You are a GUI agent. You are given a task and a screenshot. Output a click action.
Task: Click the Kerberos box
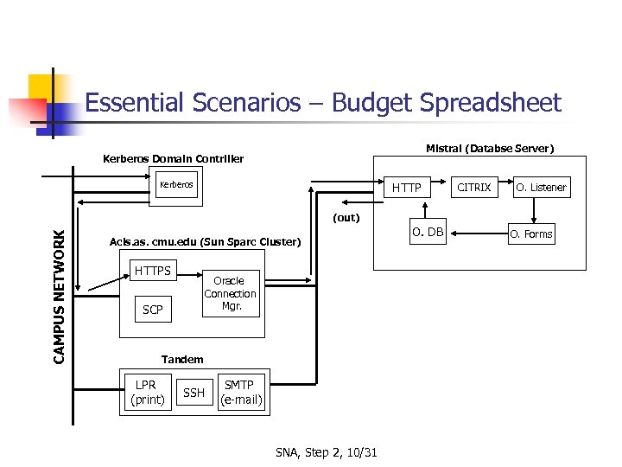point(176,185)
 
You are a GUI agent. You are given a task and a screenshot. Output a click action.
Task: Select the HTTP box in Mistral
point(406,188)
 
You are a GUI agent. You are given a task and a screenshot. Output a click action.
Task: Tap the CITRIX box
point(473,187)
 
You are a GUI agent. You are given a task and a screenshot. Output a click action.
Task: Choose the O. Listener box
point(541,188)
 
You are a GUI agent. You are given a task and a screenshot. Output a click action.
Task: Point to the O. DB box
point(428,233)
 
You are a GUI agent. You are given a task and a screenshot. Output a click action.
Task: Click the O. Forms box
point(530,233)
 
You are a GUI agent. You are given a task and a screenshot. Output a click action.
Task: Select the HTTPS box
point(153,272)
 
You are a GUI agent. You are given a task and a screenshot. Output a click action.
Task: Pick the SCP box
point(152,310)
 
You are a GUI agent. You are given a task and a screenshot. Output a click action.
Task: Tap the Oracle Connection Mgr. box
point(230,294)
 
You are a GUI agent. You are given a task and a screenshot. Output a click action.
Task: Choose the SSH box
point(194,393)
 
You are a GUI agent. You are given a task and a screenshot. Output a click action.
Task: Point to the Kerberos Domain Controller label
point(173,159)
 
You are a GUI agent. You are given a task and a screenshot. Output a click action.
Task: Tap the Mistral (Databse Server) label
point(490,149)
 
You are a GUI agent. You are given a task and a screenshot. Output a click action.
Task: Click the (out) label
point(346,218)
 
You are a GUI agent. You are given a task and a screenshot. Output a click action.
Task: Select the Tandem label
point(182,359)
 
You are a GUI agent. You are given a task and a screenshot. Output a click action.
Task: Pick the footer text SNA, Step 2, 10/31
point(332,452)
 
